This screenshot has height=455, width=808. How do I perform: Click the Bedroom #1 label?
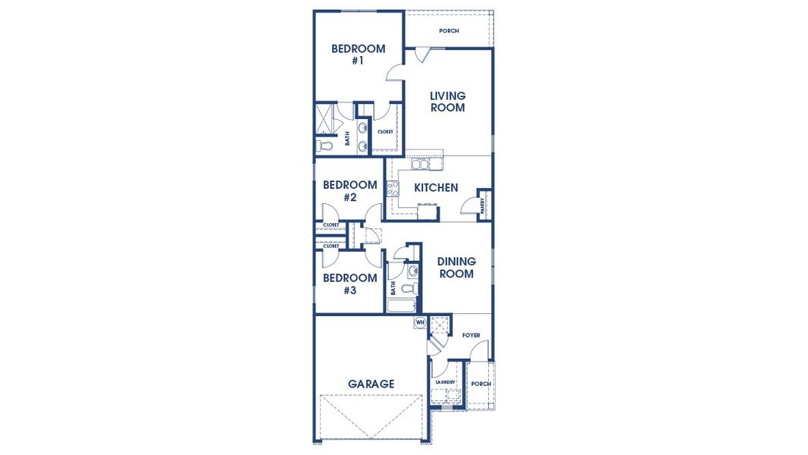pos(358,55)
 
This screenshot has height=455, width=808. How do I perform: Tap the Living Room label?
pos(447,102)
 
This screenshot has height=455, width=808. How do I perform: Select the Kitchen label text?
pos(436,187)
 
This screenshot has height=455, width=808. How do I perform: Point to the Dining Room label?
pos(456,268)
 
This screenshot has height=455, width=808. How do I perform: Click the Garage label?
pos(371,384)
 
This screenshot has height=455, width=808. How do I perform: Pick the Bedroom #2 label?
pos(349,191)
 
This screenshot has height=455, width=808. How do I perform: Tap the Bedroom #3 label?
pos(349,284)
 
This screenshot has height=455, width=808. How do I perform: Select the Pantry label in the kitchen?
pos(483,206)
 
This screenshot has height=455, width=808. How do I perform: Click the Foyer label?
pos(471,335)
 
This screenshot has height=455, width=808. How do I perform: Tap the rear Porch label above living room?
pos(449,31)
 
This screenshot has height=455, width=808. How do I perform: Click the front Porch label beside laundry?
pos(481,384)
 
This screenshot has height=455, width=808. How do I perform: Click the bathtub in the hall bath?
pos(401,306)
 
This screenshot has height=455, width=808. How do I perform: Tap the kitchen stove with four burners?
pos(393,189)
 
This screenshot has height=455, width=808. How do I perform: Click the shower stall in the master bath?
pos(327,118)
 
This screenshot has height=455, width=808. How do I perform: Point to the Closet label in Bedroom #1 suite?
pos(385,132)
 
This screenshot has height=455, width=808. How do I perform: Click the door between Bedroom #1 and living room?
pos(395,72)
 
